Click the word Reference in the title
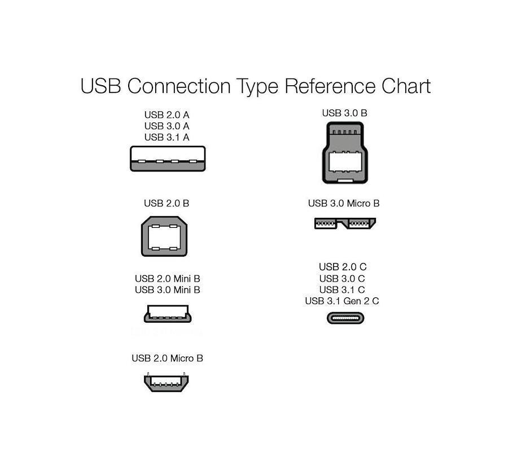pyautogui.click(x=330, y=86)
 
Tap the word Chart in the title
pyautogui.click(x=406, y=86)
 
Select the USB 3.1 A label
pyautogui.click(x=167, y=137)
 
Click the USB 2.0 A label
pyautogui.click(x=167, y=115)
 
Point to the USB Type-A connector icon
pyautogui.click(x=168, y=159)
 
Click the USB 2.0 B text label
pyautogui.click(x=167, y=203)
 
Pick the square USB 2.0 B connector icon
pyautogui.click(x=164, y=236)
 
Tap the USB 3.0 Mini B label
pyautogui.click(x=168, y=290)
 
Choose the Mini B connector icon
pyautogui.click(x=168, y=314)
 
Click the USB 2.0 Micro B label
pyautogui.click(x=167, y=358)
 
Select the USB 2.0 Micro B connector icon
pyautogui.click(x=166, y=382)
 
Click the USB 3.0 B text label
pyautogui.click(x=345, y=113)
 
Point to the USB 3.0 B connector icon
pyautogui.click(x=345, y=152)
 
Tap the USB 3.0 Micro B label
pyautogui.click(x=344, y=203)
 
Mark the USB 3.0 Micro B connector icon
pyautogui.click(x=345, y=223)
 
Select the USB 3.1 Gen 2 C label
pyautogui.click(x=342, y=301)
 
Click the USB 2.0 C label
pyautogui.click(x=343, y=267)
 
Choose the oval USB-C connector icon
pyautogui.click(x=345, y=318)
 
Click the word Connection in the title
pyautogui.click(x=179, y=86)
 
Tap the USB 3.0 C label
pyautogui.click(x=342, y=279)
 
